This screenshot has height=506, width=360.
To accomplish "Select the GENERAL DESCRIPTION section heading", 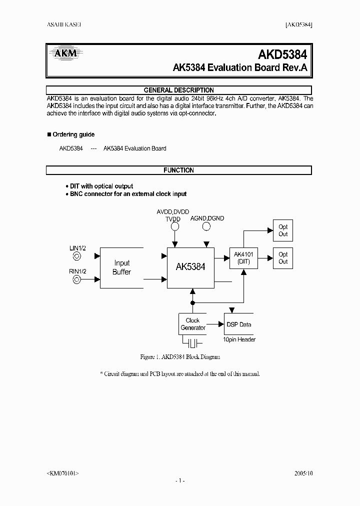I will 178,90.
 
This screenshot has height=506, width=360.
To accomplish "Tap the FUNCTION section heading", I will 178,170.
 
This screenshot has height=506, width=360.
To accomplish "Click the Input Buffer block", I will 121,267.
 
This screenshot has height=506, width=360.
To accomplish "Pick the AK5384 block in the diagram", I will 190,267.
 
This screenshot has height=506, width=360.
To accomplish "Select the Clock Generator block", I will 192,324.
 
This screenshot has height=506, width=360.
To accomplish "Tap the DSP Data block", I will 239,324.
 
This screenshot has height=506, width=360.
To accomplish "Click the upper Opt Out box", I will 283,230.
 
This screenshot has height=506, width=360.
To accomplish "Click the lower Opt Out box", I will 283,258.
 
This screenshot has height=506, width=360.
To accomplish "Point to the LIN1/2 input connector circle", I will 76,256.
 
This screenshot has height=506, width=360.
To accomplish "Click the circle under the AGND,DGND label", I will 206,226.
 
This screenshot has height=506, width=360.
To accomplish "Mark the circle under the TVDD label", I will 175,226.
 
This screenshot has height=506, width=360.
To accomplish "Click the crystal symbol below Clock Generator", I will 192,342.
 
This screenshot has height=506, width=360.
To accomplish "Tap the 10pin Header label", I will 239,340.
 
